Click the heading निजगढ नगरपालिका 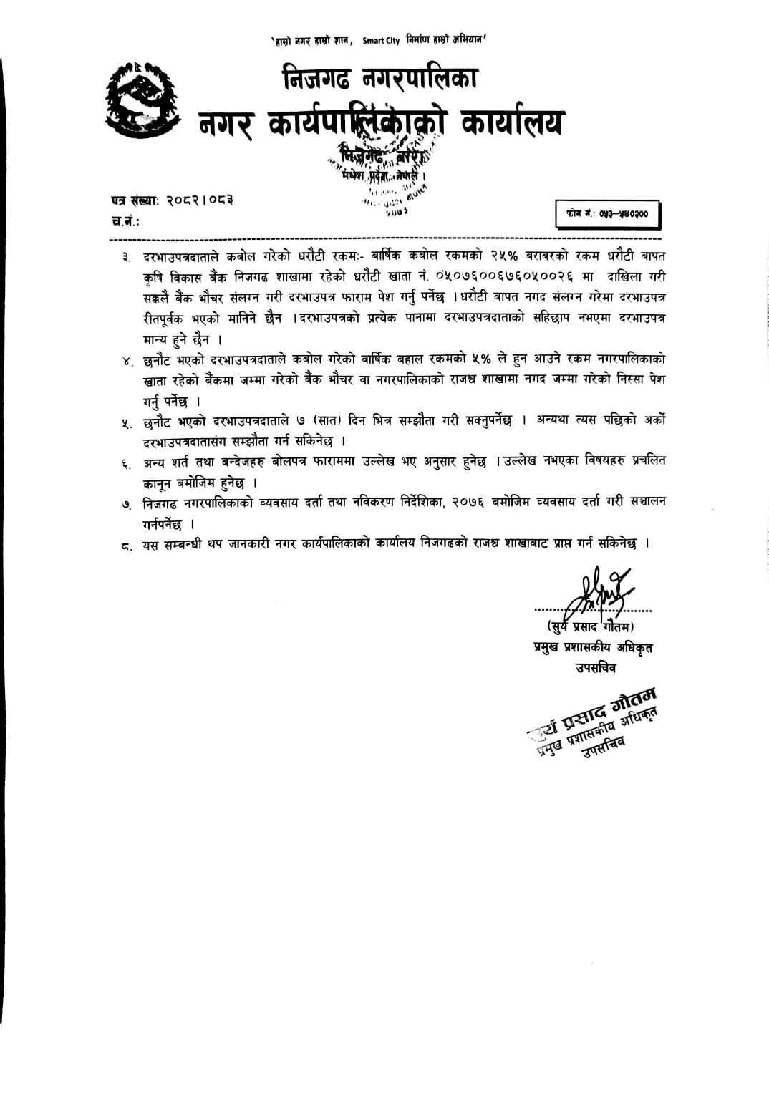[379, 78]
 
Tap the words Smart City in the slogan [380, 41]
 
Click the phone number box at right [607, 214]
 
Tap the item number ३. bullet [126, 257]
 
